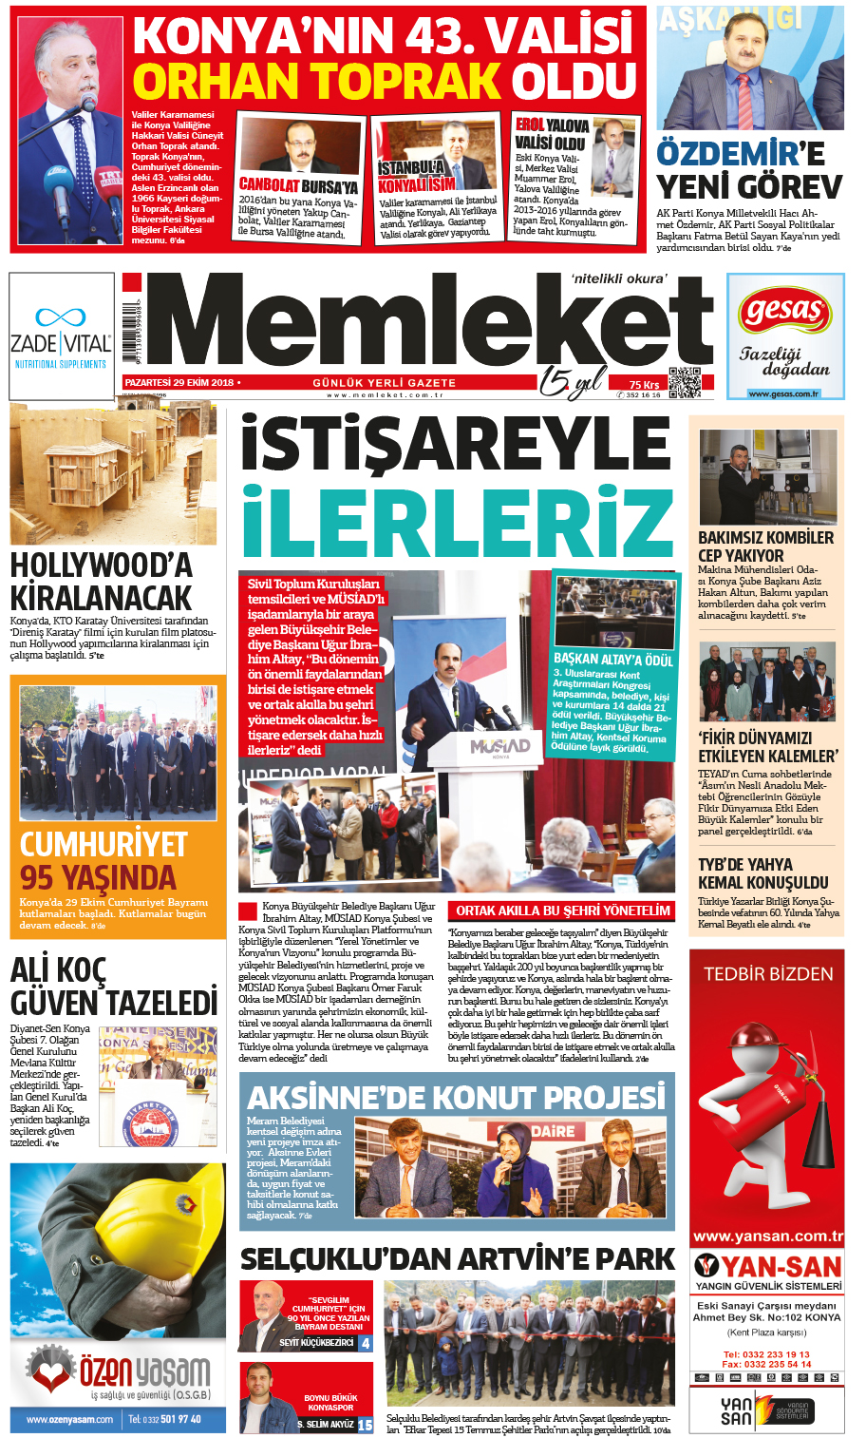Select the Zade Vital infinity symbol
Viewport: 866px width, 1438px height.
point(61,316)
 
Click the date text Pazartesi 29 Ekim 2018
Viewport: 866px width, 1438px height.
point(180,382)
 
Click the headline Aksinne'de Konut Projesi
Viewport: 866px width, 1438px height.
point(456,1098)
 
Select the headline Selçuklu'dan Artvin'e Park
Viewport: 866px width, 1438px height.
point(457,1259)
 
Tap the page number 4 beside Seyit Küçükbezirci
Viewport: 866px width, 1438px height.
point(366,1343)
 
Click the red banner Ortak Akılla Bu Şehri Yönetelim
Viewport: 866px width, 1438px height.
point(562,911)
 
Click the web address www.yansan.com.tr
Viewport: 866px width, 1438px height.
point(767,1237)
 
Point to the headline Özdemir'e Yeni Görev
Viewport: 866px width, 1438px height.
point(748,169)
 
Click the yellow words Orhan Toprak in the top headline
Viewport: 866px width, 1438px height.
point(316,81)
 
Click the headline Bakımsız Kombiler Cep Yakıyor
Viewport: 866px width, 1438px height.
point(765,546)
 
